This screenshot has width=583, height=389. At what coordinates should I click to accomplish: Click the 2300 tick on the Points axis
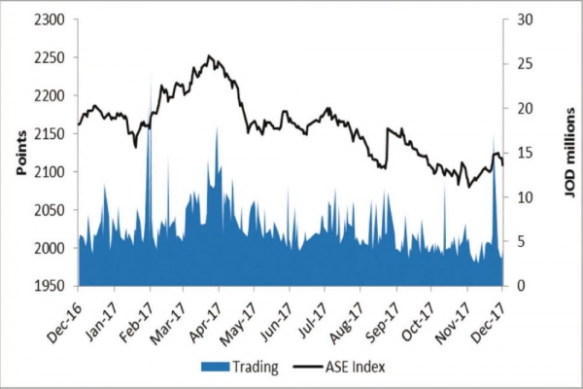click(49, 19)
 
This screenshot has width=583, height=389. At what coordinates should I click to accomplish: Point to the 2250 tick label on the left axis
click(49, 57)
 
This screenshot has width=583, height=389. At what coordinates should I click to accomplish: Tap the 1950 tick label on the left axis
click(49, 287)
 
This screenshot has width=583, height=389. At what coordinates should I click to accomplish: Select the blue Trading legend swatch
click(213, 366)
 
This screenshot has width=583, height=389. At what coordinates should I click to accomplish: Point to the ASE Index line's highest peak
click(210, 56)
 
